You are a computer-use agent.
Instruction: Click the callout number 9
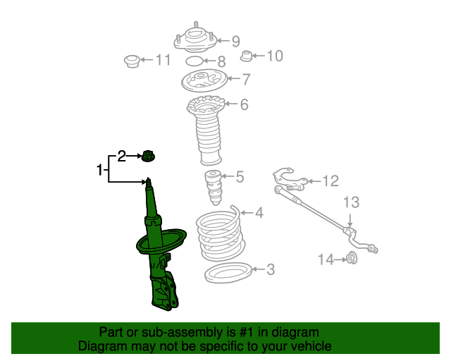click(236, 42)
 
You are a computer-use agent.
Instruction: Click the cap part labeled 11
click(132, 61)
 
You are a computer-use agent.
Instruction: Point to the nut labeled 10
click(246, 56)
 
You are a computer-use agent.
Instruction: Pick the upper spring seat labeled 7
click(204, 80)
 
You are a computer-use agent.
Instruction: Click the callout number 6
click(245, 104)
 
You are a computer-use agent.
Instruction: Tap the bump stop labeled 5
click(213, 188)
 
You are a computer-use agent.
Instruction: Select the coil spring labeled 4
click(221, 233)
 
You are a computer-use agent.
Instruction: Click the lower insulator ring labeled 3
click(228, 272)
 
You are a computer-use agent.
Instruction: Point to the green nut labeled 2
click(149, 156)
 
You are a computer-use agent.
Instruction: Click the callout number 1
click(99, 170)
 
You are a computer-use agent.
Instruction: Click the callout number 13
click(351, 202)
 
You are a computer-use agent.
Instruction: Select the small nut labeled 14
click(352, 257)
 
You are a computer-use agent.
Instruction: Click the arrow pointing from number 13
click(350, 220)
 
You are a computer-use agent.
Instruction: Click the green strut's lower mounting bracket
click(164, 290)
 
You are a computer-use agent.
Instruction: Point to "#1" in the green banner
click(246, 332)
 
